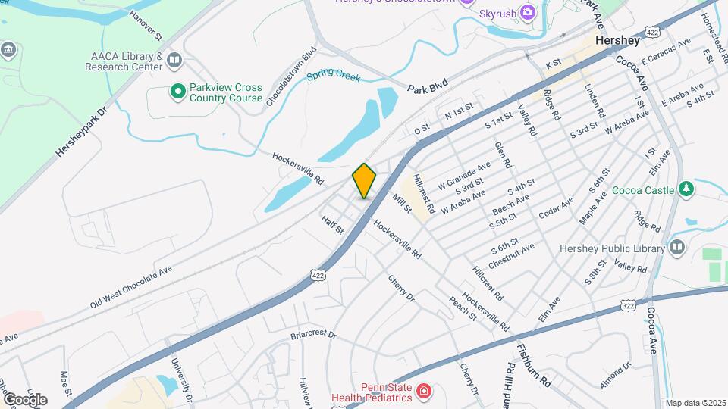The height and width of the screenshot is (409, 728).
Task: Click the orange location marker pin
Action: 364,181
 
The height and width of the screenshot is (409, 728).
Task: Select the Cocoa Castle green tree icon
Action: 686,188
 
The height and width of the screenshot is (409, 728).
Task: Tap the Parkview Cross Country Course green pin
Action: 178,92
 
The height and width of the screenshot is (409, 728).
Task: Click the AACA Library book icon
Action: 175,59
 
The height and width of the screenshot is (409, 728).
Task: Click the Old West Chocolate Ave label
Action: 132,286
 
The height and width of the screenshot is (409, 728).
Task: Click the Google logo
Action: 25,399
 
